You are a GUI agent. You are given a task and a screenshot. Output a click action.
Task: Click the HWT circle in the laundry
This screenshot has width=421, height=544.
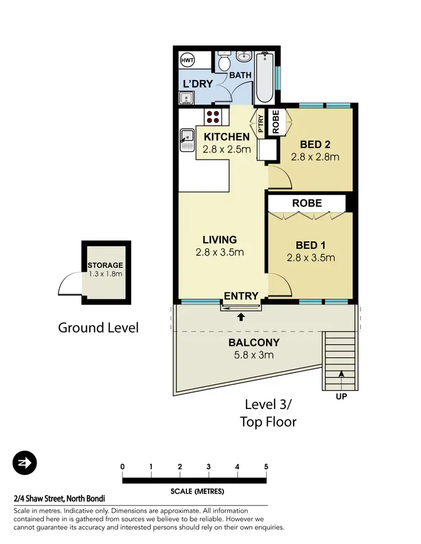pos(186,61)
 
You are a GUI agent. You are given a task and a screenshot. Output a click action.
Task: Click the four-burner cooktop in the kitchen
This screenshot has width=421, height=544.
pos(213,117)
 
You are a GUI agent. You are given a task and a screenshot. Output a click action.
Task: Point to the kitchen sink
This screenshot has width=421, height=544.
pos(186,139)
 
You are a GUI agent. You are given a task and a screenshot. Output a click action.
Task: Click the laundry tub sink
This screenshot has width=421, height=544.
pos(186,99)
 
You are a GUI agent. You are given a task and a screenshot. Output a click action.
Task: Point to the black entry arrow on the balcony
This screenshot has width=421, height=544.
pos(241,317)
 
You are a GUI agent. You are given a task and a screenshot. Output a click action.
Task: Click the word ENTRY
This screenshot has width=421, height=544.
pos(241,296)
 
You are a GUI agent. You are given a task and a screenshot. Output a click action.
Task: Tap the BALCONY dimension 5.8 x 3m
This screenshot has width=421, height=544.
pos(254,355)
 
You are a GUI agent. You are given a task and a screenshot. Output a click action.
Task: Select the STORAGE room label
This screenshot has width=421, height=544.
pos(105,265)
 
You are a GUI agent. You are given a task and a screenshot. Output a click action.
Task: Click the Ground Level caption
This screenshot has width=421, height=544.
pos(98,327)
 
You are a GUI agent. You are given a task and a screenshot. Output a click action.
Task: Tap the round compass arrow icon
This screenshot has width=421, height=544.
pos(24,463)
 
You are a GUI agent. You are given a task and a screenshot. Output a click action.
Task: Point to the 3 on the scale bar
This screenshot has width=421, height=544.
pos(208,467)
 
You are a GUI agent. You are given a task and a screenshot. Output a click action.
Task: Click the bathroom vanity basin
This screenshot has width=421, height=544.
pos(243,57)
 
